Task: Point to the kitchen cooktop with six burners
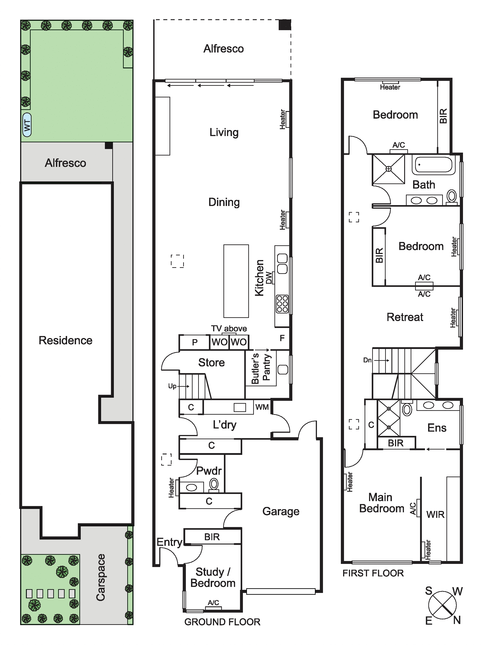[x=282, y=304]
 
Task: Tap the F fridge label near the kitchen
[x=282, y=338]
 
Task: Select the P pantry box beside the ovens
[x=195, y=342]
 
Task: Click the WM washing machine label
[x=262, y=407]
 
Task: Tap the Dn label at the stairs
[x=367, y=360]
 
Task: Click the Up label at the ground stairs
[x=172, y=386]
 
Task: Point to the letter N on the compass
[x=457, y=620]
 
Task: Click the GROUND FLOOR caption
[x=222, y=622]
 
